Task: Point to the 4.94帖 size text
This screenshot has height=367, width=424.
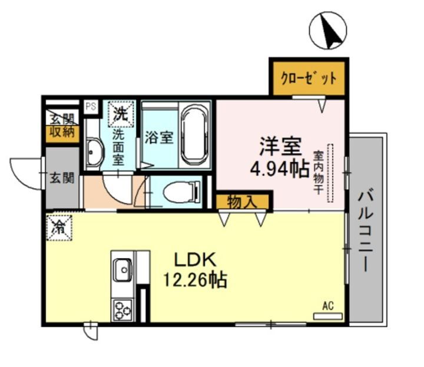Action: point(279,170)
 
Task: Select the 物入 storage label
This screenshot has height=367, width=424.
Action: point(242,202)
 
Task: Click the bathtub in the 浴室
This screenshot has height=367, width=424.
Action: point(195,134)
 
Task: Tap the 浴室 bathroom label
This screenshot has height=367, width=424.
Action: point(159,138)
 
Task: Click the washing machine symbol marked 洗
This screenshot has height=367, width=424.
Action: point(121,114)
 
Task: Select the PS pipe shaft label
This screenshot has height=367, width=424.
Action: point(91,106)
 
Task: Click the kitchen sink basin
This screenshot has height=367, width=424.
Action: point(123,270)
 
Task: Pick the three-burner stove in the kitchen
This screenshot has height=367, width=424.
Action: point(124,310)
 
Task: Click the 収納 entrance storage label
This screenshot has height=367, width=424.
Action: point(62,132)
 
